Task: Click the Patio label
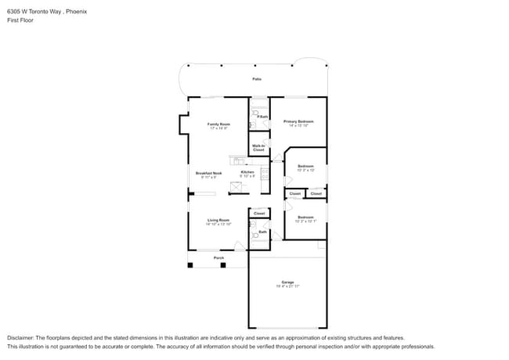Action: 256,79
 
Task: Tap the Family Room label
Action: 218,124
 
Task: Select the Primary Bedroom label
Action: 298,121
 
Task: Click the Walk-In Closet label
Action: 258,147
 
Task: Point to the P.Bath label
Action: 262,117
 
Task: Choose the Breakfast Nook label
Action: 208,172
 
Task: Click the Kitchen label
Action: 247,172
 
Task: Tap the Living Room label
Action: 218,220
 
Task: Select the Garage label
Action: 287,282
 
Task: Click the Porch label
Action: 219,257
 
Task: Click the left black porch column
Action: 190,265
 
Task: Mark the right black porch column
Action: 223,265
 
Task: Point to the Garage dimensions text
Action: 287,286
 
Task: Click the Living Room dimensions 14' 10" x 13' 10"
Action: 218,225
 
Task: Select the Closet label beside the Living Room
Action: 259,213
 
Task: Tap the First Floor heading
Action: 21,20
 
